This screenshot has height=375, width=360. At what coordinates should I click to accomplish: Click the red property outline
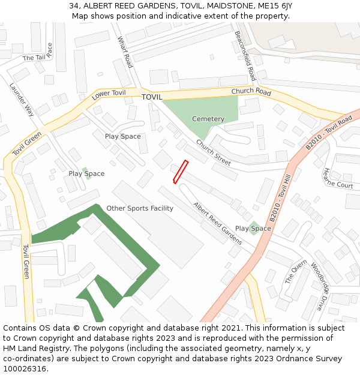(181, 172)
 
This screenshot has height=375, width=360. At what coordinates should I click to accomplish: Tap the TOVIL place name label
(152, 97)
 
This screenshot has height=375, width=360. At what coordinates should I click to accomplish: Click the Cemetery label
(208, 119)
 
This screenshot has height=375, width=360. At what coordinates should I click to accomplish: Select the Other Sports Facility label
(140, 208)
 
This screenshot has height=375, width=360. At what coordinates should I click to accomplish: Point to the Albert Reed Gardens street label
(217, 223)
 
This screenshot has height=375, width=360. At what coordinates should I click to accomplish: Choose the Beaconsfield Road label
(245, 56)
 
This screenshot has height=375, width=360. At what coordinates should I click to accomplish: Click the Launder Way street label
(22, 99)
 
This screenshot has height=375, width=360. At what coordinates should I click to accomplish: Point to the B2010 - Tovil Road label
(328, 133)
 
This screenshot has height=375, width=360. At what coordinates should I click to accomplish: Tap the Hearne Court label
(338, 178)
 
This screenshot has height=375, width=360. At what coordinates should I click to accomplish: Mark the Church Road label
(251, 92)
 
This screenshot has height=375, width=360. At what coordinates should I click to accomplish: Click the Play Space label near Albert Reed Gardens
(253, 229)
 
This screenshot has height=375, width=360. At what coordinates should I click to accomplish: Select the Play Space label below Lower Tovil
(123, 136)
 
